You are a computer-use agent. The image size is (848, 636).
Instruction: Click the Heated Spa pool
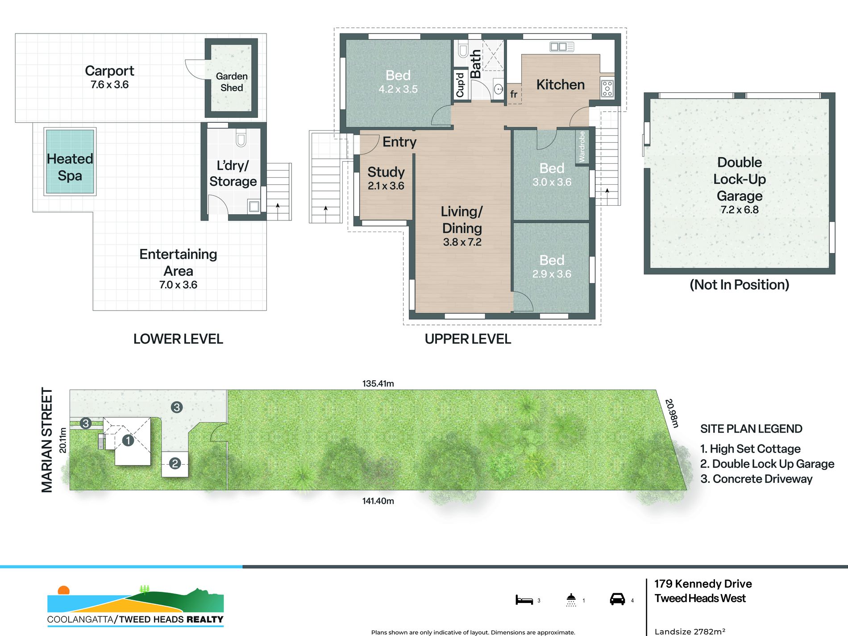tap(70, 161)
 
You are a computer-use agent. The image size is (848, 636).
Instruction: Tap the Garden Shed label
tap(232, 82)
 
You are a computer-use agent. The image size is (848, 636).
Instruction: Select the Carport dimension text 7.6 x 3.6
tap(109, 85)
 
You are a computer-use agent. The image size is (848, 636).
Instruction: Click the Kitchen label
tap(560, 84)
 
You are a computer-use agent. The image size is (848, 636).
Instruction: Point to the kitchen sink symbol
tap(562, 46)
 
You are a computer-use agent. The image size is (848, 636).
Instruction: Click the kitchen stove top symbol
tap(607, 88)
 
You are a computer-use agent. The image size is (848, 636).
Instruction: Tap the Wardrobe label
tap(582, 146)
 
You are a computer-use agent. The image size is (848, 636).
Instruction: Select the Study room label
tap(386, 172)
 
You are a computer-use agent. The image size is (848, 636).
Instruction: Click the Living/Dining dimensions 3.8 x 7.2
tap(462, 242)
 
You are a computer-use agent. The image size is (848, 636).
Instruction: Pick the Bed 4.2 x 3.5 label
tap(398, 82)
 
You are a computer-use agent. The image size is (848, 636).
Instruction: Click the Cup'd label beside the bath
tap(460, 85)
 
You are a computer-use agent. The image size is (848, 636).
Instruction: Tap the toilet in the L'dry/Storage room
tap(241, 139)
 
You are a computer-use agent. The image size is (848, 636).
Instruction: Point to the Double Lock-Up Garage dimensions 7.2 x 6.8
tap(740, 210)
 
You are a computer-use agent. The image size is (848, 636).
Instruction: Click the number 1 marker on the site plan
tap(128, 441)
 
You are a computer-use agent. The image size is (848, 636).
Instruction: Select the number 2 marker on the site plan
tap(175, 464)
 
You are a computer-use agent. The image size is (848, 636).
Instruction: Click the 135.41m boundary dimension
tap(378, 383)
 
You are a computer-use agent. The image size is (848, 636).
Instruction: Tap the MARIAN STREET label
tap(47, 440)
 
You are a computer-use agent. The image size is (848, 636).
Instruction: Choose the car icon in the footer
tap(617, 599)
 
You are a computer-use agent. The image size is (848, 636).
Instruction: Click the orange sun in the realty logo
tap(64, 590)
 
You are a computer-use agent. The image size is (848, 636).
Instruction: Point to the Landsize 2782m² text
tap(690, 631)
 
